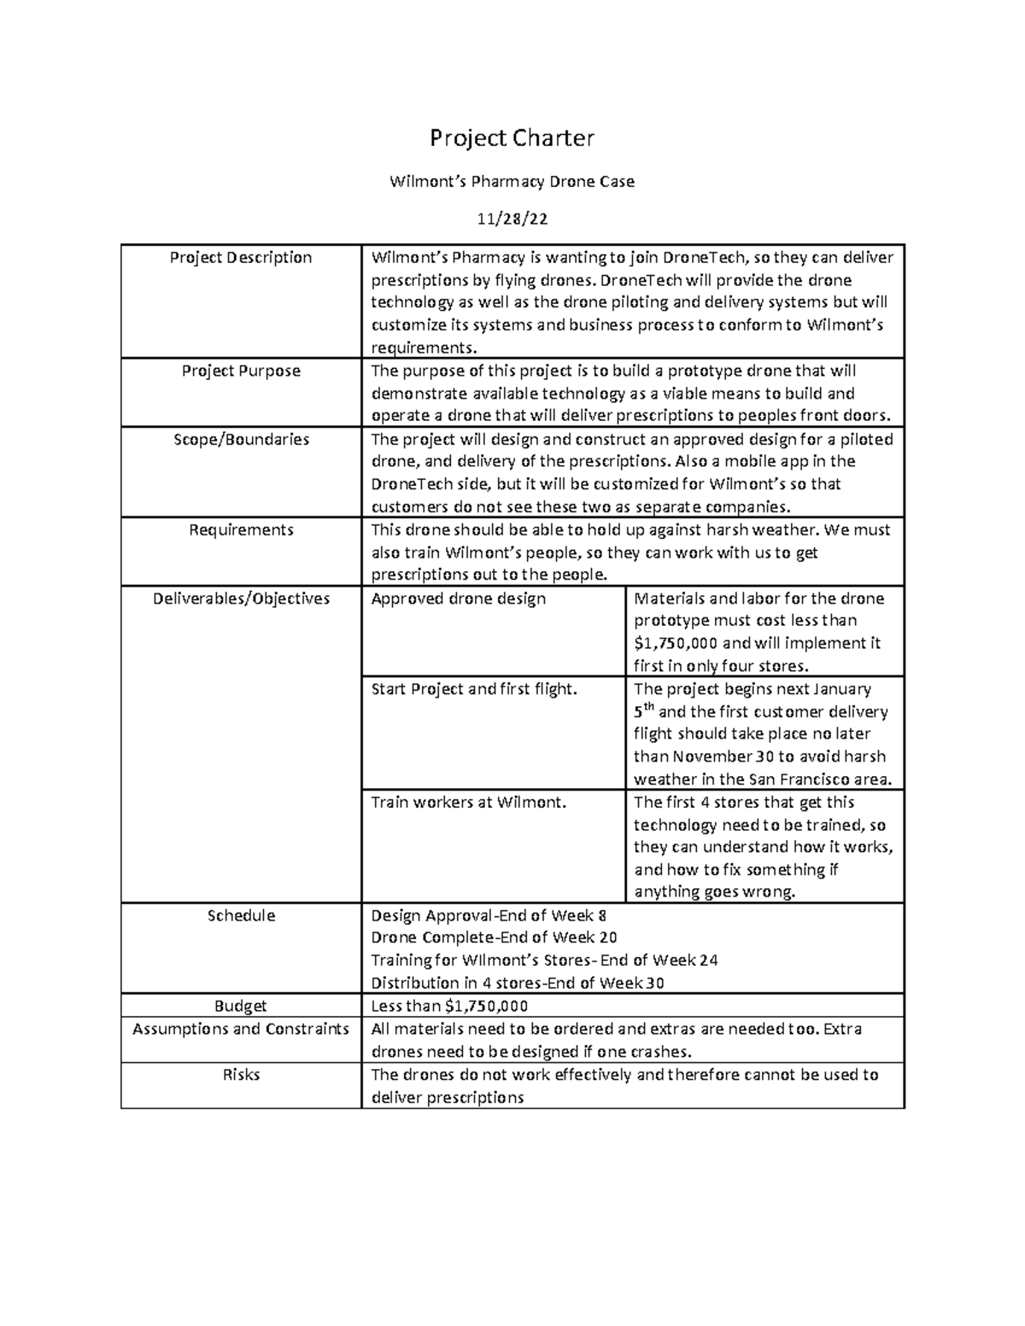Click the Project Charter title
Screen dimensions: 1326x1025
tap(512, 137)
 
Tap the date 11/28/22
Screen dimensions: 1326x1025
tap(512, 219)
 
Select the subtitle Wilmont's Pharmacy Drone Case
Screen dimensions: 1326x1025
tap(512, 181)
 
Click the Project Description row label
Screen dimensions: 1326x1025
tap(241, 258)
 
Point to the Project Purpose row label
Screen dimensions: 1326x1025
tap(241, 371)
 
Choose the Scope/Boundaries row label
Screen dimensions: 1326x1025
tap(241, 439)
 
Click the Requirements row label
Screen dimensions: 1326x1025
tap(241, 529)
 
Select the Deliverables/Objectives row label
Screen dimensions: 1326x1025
tap(241, 599)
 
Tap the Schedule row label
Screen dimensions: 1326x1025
tap(241, 915)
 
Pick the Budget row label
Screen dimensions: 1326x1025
tap(241, 1006)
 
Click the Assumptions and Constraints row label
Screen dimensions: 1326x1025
tap(241, 1029)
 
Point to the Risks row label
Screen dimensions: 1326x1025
tap(241, 1074)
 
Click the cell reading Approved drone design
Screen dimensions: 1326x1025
tap(458, 599)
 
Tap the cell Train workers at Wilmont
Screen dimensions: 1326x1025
tap(469, 802)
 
